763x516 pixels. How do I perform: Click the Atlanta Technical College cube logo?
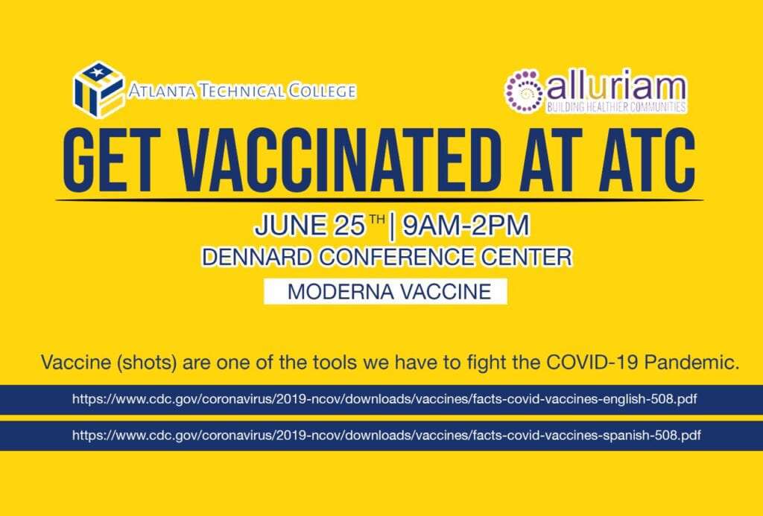99,89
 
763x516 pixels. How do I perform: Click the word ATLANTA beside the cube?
162,91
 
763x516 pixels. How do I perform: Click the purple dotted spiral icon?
524,92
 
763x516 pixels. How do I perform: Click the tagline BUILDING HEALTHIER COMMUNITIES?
616,107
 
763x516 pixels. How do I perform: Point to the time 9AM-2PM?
466,226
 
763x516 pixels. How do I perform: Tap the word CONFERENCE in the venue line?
398,258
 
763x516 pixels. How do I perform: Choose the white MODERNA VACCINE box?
385,291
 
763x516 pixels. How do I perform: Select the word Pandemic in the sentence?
691,363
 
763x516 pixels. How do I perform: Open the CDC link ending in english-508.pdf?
384,400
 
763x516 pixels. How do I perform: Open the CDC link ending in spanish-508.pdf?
387,435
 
